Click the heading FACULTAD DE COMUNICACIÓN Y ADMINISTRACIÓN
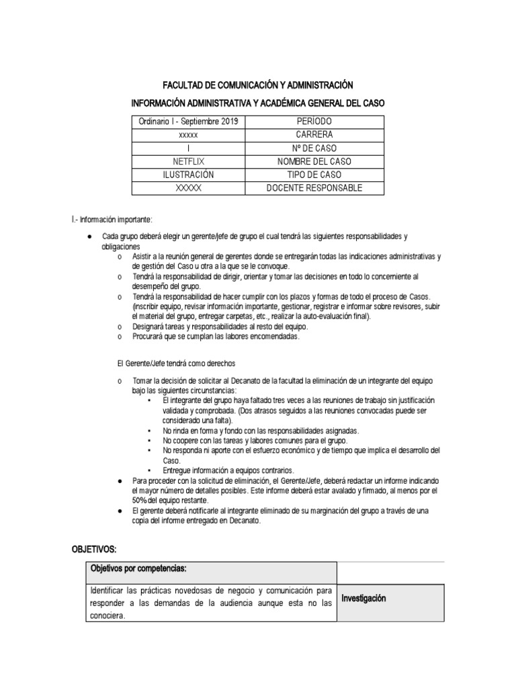click(x=258, y=85)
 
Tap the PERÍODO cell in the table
click(x=314, y=121)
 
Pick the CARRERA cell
click(x=314, y=134)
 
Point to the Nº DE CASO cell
click(x=314, y=148)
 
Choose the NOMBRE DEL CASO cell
click(x=314, y=161)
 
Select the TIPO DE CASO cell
click(x=314, y=175)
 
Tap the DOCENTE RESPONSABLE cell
click(x=314, y=188)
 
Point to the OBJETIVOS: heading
click(x=95, y=549)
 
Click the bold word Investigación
click(x=363, y=598)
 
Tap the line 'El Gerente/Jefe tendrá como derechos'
click(x=176, y=363)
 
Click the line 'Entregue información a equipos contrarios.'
click(x=228, y=470)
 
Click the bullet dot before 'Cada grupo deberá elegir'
click(x=91, y=237)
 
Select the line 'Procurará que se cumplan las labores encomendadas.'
click(x=216, y=337)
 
